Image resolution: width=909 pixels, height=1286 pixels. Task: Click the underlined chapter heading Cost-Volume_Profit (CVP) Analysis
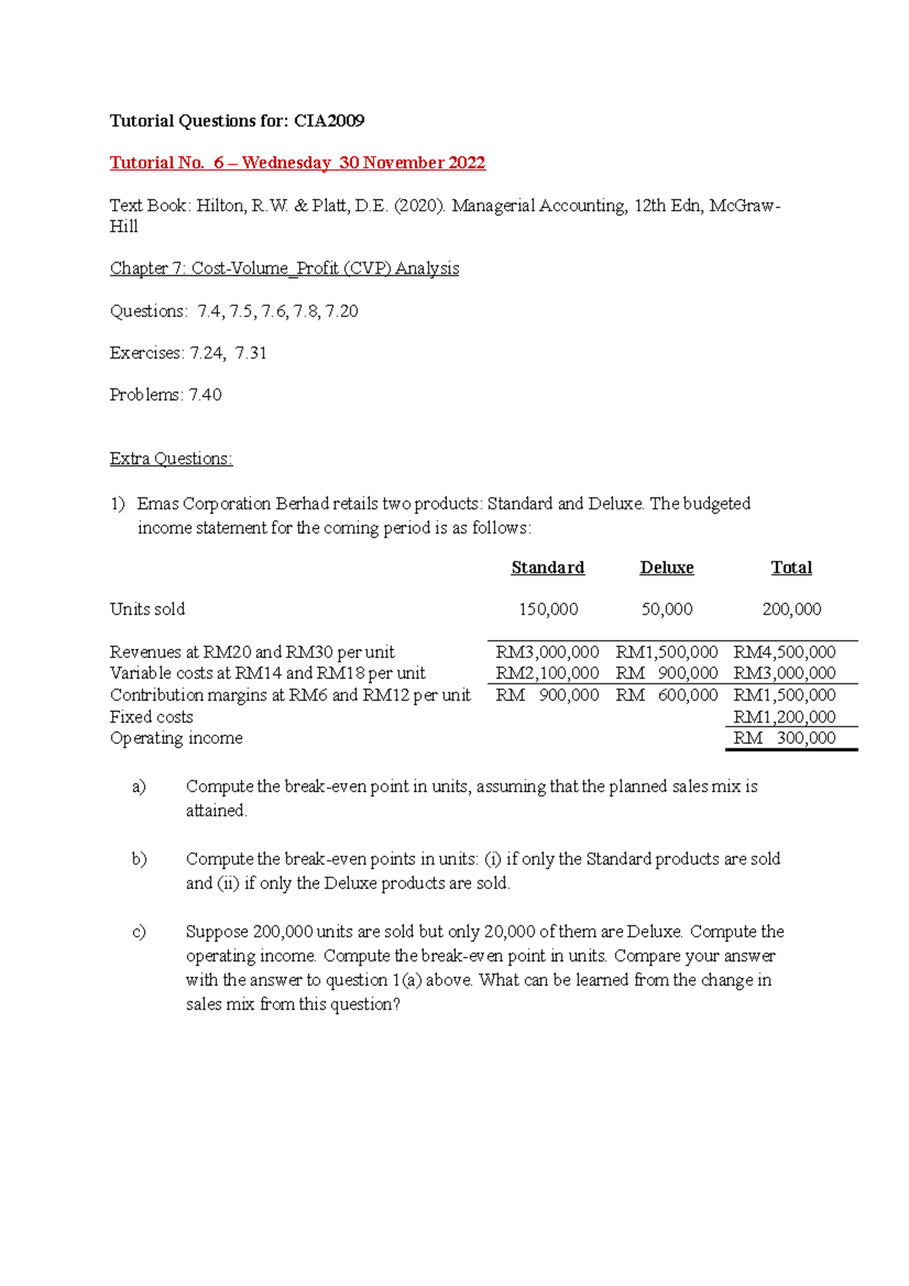(x=284, y=268)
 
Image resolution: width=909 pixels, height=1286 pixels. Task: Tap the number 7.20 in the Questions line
(x=342, y=311)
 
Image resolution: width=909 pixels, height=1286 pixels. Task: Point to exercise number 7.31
(x=251, y=353)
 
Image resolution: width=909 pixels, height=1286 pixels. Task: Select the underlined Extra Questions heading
(x=170, y=459)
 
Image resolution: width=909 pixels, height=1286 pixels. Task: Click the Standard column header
(x=548, y=568)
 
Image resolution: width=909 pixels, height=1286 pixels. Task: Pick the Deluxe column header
(x=667, y=568)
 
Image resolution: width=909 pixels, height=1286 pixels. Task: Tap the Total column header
(x=791, y=568)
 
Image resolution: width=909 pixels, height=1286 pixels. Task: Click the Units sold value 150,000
(x=548, y=610)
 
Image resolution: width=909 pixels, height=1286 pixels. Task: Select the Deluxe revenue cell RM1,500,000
(x=667, y=652)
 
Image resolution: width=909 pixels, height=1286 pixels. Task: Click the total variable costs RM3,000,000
(x=784, y=673)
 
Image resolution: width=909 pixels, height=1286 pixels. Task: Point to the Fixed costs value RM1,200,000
(x=784, y=717)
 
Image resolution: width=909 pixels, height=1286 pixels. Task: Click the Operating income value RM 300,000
(x=784, y=738)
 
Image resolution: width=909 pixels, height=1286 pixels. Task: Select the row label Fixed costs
(x=151, y=717)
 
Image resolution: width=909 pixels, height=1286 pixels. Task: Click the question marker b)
(x=139, y=859)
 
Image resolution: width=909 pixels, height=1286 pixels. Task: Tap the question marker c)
(x=139, y=932)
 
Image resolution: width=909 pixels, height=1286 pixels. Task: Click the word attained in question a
(x=216, y=811)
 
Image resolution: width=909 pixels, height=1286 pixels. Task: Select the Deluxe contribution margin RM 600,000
(x=667, y=695)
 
